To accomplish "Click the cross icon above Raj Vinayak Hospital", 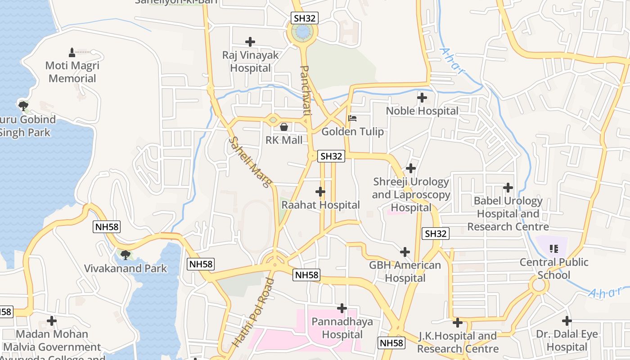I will (250, 42).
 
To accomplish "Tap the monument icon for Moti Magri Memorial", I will (72, 52).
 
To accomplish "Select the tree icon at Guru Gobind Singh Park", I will (23, 106).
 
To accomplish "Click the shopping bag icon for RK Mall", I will (284, 127).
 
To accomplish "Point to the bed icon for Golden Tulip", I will (352, 118).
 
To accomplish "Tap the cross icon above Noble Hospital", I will (422, 97).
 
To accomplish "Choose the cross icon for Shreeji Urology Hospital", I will (411, 168).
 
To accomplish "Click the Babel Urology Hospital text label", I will (508, 214).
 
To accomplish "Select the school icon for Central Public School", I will (554, 248).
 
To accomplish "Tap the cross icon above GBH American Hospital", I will (405, 252).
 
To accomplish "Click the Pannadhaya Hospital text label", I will (342, 328).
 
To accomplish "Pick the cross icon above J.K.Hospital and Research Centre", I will (458, 323).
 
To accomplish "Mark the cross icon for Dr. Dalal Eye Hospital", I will (567, 321).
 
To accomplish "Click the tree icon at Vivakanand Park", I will (126, 255).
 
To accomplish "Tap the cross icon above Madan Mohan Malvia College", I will (52, 321).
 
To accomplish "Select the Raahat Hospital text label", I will (320, 205).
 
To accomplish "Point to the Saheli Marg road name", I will (250, 162).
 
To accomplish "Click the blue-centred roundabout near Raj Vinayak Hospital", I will (302, 32).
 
